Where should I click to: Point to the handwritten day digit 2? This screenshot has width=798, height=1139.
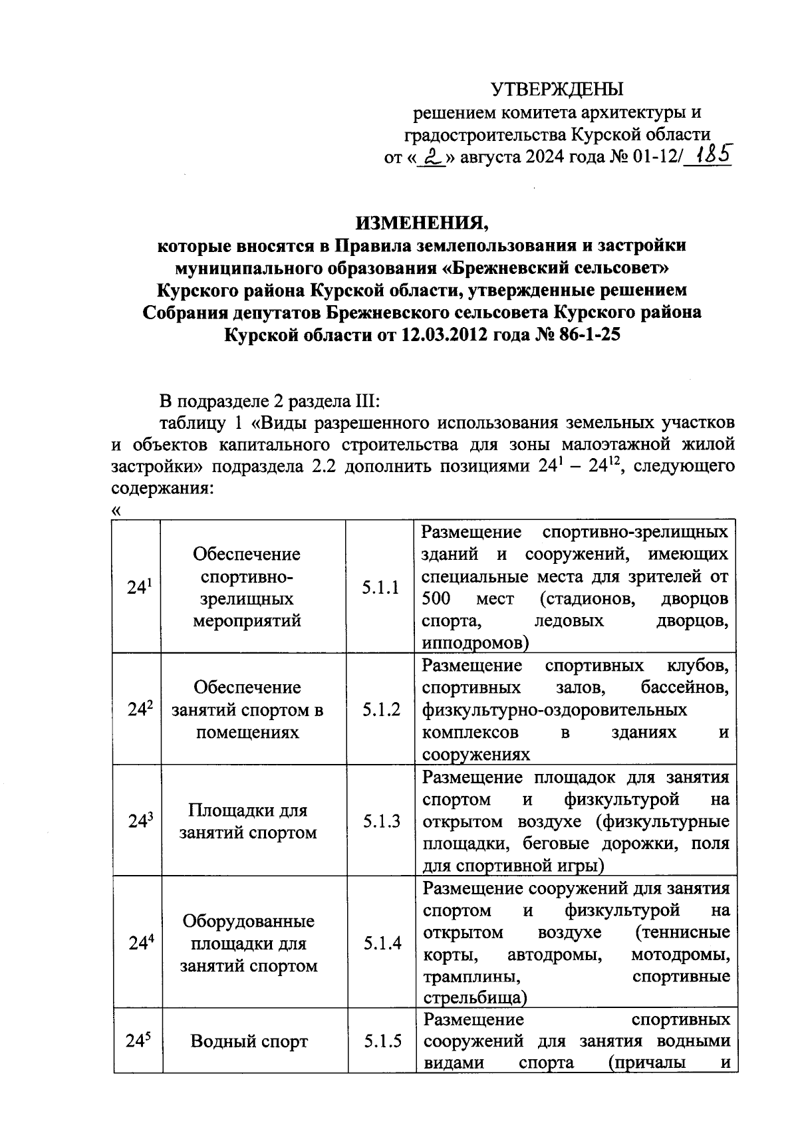pyautogui.click(x=434, y=158)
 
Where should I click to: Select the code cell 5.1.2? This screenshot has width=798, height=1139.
pyautogui.click(x=381, y=709)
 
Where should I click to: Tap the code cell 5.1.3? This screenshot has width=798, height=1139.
pyautogui.click(x=381, y=821)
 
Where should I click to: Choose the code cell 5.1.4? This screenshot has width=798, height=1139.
pyautogui.click(x=382, y=943)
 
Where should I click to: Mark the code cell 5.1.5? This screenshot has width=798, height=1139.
pyautogui.click(x=382, y=1041)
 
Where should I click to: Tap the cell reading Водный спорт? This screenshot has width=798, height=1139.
pyautogui.click(x=249, y=1041)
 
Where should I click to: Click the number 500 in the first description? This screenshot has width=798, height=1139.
pyautogui.click(x=436, y=598)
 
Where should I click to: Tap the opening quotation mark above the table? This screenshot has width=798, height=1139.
pyautogui.click(x=117, y=511)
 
